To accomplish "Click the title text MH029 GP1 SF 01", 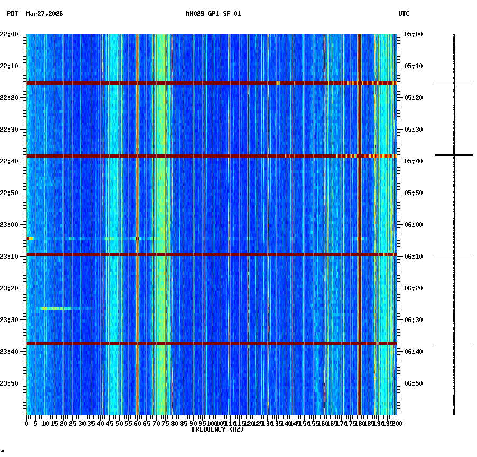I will (213, 14).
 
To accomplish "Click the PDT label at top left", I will (12, 14).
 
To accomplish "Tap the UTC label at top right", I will (403, 14).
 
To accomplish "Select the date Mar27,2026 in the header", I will (44, 14).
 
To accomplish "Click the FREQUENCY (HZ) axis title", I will (218, 429).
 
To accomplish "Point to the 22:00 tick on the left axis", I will (10, 34).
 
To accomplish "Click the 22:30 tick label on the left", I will (10, 130).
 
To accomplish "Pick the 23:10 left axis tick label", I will (10, 257).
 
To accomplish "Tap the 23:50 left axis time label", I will (10, 383).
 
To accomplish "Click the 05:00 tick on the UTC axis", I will (414, 34).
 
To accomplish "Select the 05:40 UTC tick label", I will (414, 161).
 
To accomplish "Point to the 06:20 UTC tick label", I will (414, 288).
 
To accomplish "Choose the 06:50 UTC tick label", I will (414, 383).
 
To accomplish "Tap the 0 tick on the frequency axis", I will (27, 424).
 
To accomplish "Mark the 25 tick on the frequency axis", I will (73, 424).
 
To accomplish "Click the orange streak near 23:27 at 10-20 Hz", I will (56, 308).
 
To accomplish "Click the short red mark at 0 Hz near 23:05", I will (29, 239).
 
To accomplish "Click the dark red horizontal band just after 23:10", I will (212, 254).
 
